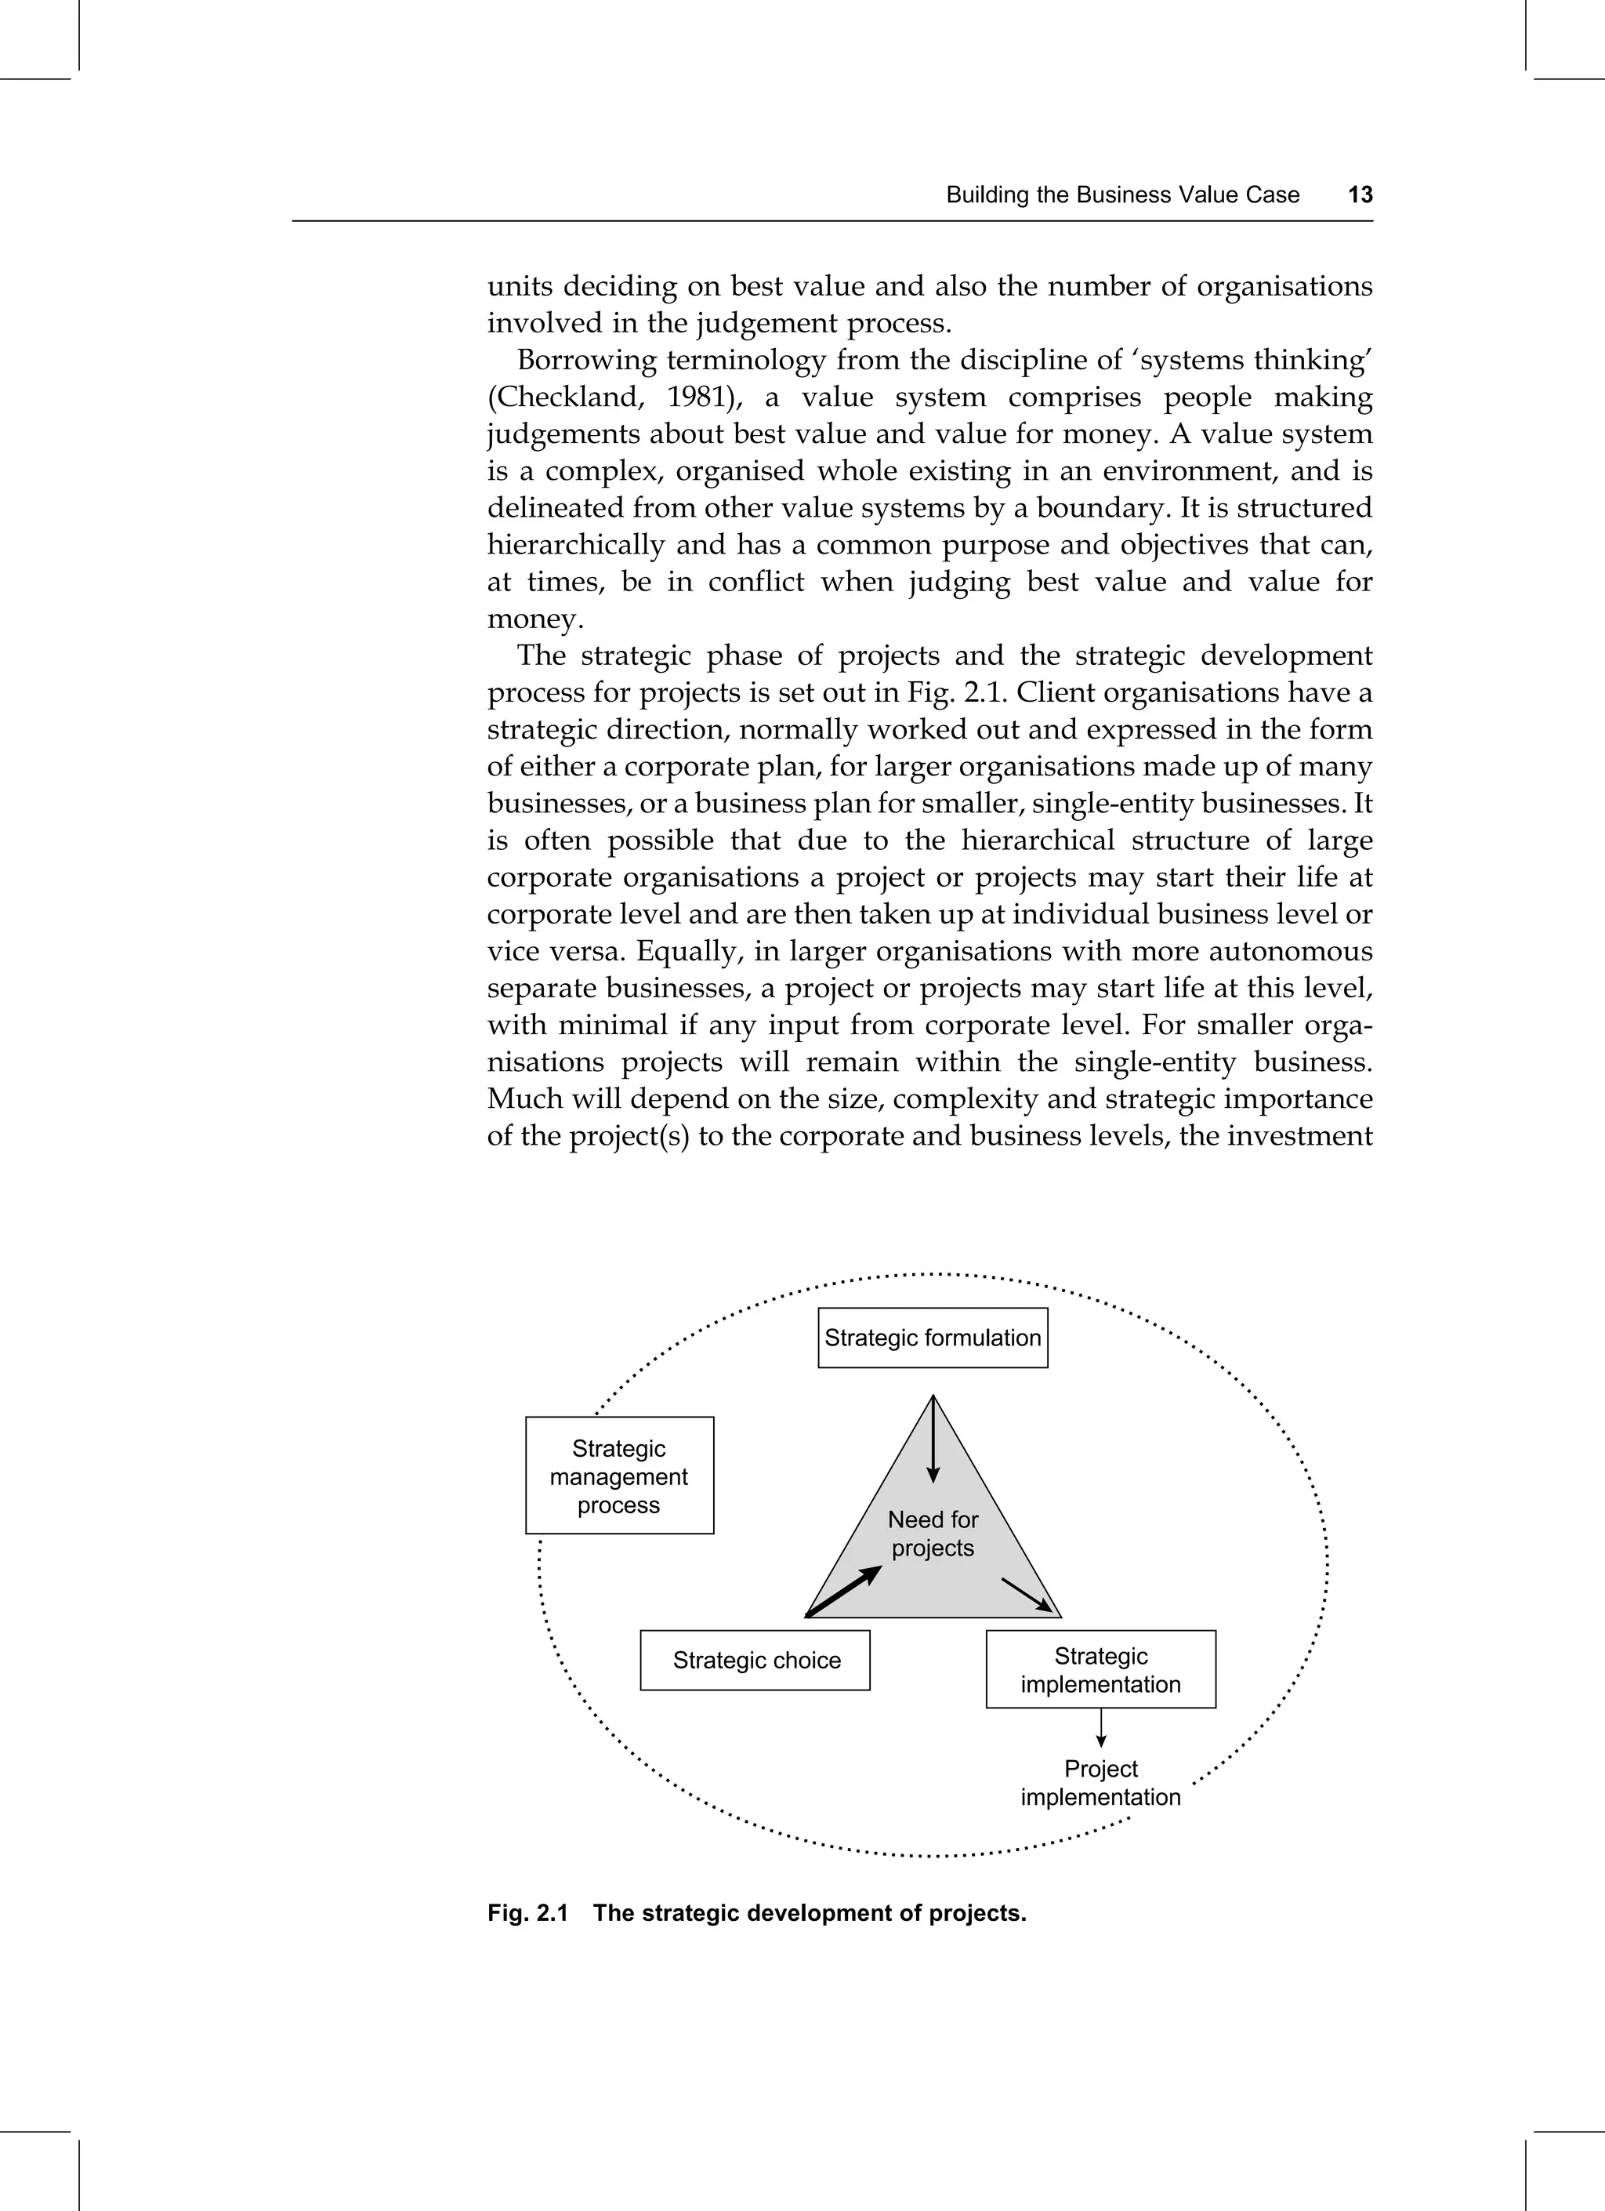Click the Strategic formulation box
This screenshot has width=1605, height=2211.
tap(933, 1338)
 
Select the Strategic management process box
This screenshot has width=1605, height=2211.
tap(619, 1476)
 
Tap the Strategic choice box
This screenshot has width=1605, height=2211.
tap(755, 1660)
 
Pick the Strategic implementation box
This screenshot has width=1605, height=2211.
tap(1100, 1670)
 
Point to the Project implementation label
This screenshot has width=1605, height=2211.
tap(1100, 1783)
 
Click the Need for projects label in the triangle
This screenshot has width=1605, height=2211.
tap(933, 1534)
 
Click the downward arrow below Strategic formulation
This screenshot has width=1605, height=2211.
tap(933, 1440)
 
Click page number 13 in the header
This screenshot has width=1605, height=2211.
tap(1360, 195)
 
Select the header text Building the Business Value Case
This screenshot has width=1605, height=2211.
tap(1121, 195)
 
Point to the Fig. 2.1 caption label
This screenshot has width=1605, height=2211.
tap(527, 1914)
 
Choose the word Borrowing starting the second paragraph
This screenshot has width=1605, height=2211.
tap(581, 361)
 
